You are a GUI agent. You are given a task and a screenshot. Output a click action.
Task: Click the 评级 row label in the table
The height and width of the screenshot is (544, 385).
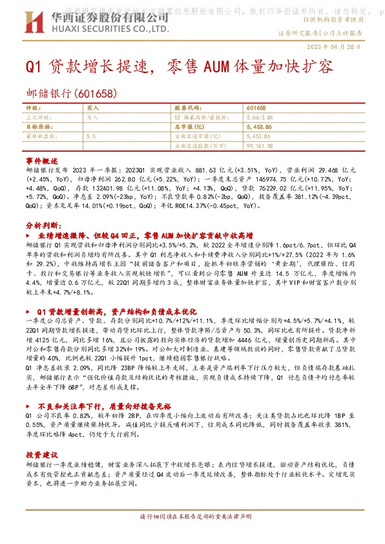coord(32,109)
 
